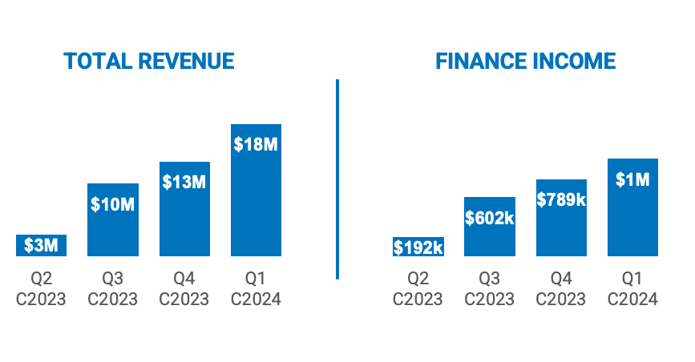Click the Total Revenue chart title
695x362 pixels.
click(x=149, y=62)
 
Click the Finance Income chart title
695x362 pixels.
click(x=525, y=62)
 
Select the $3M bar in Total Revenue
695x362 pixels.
click(x=41, y=246)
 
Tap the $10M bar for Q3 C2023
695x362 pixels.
click(x=112, y=220)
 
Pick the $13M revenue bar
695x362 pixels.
click(x=184, y=209)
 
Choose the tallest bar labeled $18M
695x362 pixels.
click(x=256, y=191)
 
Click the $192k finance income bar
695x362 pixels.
click(x=418, y=247)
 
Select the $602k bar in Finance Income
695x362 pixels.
click(x=490, y=227)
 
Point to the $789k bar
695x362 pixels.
click(x=561, y=218)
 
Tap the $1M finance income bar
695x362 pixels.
click(x=632, y=207)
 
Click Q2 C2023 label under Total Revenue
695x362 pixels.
click(x=41, y=289)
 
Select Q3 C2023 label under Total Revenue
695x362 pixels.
click(x=112, y=289)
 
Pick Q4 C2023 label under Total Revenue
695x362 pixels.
click(x=184, y=289)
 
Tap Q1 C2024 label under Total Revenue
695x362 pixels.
click(x=256, y=289)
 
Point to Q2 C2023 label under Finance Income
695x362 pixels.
click(x=418, y=289)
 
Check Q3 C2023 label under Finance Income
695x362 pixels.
click(x=490, y=289)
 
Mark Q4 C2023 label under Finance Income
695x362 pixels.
click(x=561, y=289)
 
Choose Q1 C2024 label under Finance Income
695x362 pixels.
click(x=632, y=289)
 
